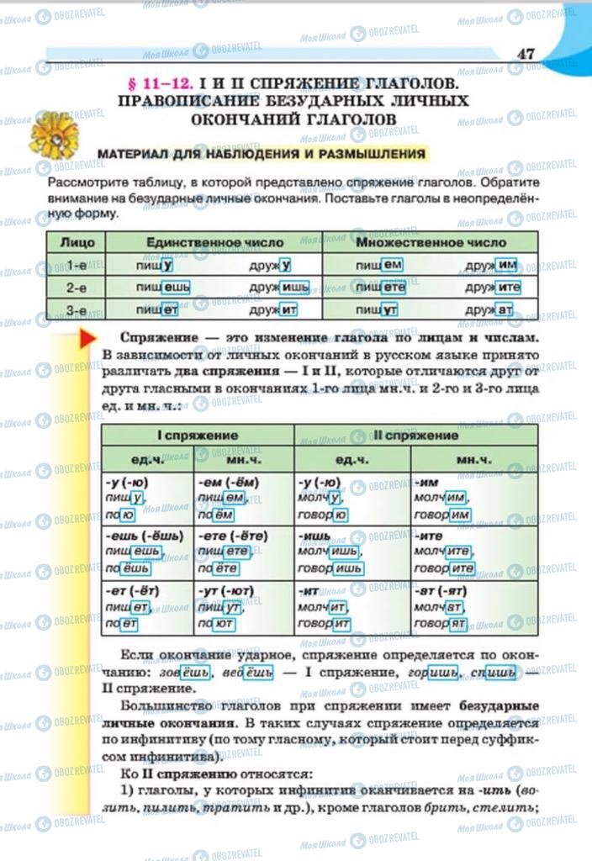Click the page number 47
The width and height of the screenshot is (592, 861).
(526, 54)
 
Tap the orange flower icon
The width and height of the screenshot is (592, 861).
(54, 135)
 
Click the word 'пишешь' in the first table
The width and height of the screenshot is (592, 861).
(163, 287)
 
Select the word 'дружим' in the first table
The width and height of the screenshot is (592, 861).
(493, 265)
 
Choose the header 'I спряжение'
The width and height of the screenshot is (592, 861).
(198, 436)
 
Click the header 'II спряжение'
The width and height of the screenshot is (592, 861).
(415, 436)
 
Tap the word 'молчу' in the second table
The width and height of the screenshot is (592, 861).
(319, 499)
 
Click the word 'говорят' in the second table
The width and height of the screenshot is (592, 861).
(441, 624)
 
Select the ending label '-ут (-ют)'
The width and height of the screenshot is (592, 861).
(225, 591)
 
